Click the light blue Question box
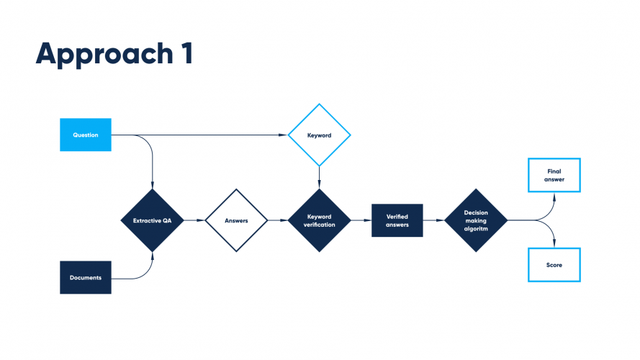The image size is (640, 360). [85, 135]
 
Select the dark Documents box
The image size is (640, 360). [85, 277]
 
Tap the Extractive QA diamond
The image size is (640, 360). [152, 220]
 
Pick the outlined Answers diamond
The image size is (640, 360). [236, 220]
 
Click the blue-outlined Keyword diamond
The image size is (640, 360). [319, 135]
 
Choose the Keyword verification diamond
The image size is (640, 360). [319, 220]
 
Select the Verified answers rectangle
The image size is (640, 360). [397, 220]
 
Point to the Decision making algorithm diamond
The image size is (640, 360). [475, 220]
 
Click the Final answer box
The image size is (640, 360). [554, 176]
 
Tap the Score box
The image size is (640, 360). [554, 265]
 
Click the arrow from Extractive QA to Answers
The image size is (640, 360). [194, 220]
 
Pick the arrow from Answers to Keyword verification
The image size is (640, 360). [277, 220]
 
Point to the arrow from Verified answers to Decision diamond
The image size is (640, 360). [433, 220]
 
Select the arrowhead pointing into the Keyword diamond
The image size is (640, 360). [284, 135]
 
